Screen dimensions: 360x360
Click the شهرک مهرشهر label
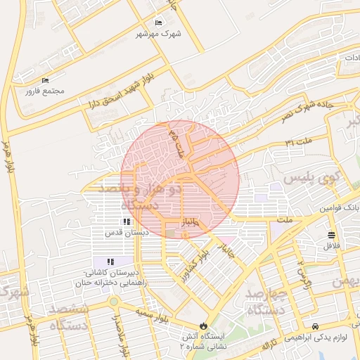tap(160, 33)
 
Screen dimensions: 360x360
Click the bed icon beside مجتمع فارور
tap(46, 80)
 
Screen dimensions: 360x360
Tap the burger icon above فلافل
tap(331, 235)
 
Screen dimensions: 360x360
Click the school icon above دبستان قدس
tap(127, 221)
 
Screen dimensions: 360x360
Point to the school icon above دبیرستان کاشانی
tap(110, 262)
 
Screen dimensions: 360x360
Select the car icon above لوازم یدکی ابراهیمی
tap(316, 327)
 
